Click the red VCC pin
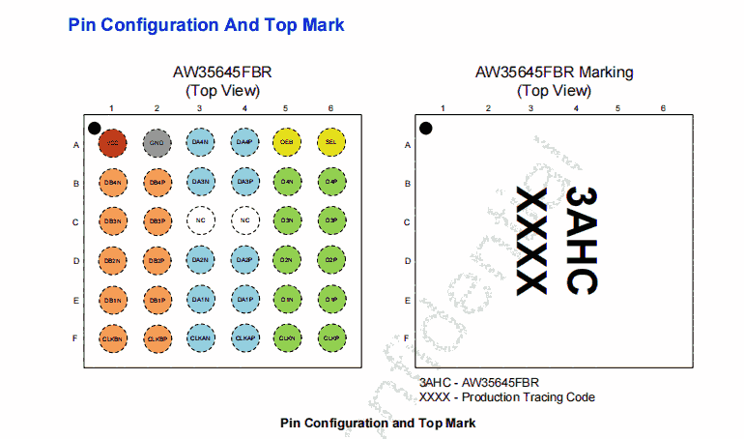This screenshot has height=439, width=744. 112,143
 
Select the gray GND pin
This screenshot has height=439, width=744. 157,143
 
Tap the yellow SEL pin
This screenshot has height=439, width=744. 330,143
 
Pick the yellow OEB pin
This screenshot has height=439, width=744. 287,143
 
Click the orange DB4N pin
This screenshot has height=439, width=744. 112,182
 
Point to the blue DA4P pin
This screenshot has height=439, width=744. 244,143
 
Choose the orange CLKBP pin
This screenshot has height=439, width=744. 157,338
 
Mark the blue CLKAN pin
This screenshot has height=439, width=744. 200,338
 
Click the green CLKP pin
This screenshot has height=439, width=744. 330,338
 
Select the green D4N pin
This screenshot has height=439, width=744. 287,182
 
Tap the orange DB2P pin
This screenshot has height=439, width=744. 157,260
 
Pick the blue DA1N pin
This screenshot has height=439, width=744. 200,300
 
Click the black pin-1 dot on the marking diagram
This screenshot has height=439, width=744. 425,128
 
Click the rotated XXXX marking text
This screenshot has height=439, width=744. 532,242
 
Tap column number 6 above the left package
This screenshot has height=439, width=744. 330,108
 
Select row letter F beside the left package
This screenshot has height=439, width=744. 75,338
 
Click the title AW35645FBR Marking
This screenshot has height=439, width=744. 554,73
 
